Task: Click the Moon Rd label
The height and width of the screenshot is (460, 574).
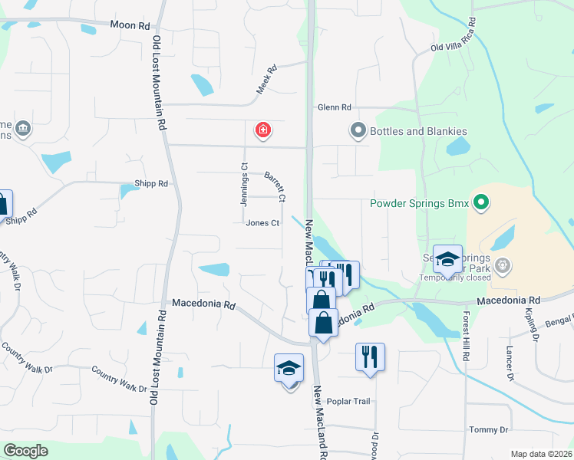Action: [130, 25]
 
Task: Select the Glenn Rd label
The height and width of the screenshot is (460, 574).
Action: [334, 108]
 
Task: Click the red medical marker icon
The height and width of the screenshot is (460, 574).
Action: [263, 130]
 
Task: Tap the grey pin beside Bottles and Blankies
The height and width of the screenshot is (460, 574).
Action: [357, 131]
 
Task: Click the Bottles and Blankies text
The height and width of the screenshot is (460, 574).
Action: [418, 131]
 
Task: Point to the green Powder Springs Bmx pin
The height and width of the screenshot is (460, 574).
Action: [480, 203]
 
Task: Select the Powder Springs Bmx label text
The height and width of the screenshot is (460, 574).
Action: [419, 204]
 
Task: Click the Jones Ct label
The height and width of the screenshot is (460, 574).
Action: [262, 223]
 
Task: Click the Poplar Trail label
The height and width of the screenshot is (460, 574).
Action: [348, 402]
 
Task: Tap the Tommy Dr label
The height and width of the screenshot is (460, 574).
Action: [489, 430]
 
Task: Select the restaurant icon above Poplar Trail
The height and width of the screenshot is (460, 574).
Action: [370, 356]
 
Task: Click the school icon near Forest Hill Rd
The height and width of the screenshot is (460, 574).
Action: [447, 259]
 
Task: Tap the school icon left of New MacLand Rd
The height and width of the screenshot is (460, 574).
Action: [289, 370]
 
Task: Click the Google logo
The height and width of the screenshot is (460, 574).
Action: [25, 451]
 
